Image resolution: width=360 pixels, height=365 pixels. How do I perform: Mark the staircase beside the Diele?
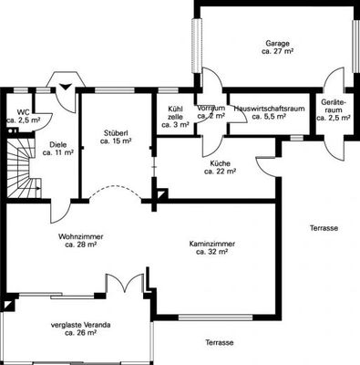pos(24,168)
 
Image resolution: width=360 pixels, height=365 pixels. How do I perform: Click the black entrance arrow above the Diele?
pos(66,86)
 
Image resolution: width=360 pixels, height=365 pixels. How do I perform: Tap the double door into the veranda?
pos(125,283)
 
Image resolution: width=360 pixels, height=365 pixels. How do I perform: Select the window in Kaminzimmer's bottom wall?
pos(215,318)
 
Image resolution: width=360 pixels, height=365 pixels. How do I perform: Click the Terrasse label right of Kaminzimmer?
pos(324,228)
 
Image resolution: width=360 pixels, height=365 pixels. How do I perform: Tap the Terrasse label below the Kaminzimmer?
pos(220,343)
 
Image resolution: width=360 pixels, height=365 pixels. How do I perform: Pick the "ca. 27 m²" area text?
pos(277,51)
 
